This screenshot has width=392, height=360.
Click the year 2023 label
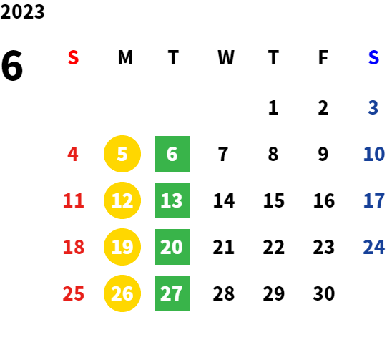[x=22, y=11]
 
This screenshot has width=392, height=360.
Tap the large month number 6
[x=11, y=65]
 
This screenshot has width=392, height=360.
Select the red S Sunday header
[x=73, y=57]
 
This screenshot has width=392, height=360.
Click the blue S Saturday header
[x=373, y=57]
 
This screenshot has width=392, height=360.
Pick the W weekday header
[x=226, y=57]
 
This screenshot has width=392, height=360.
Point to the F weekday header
[x=323, y=57]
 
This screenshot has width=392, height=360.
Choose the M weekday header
[x=125, y=57]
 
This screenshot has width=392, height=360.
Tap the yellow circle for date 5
[x=122, y=154]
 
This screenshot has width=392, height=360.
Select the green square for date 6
[x=172, y=154]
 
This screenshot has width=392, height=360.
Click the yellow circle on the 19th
[x=122, y=247]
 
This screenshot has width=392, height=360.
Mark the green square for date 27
[x=172, y=293]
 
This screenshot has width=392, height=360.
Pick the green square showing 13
[x=172, y=200]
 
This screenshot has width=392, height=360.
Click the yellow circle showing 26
[x=122, y=293]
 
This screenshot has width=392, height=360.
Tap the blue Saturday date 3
[x=373, y=107]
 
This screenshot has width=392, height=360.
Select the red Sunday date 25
[x=73, y=293]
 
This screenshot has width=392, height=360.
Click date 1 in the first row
[x=273, y=107]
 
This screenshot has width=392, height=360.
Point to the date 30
[x=324, y=293]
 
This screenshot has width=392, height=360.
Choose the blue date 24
[x=373, y=247]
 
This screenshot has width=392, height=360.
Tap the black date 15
[x=274, y=200]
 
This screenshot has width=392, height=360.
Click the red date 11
[x=73, y=200]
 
